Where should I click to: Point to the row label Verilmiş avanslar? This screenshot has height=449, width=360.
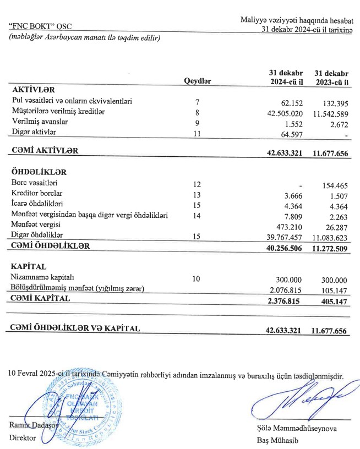point(40,122)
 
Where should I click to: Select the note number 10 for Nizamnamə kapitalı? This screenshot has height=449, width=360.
point(197,279)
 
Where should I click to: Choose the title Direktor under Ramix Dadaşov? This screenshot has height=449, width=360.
point(23,438)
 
